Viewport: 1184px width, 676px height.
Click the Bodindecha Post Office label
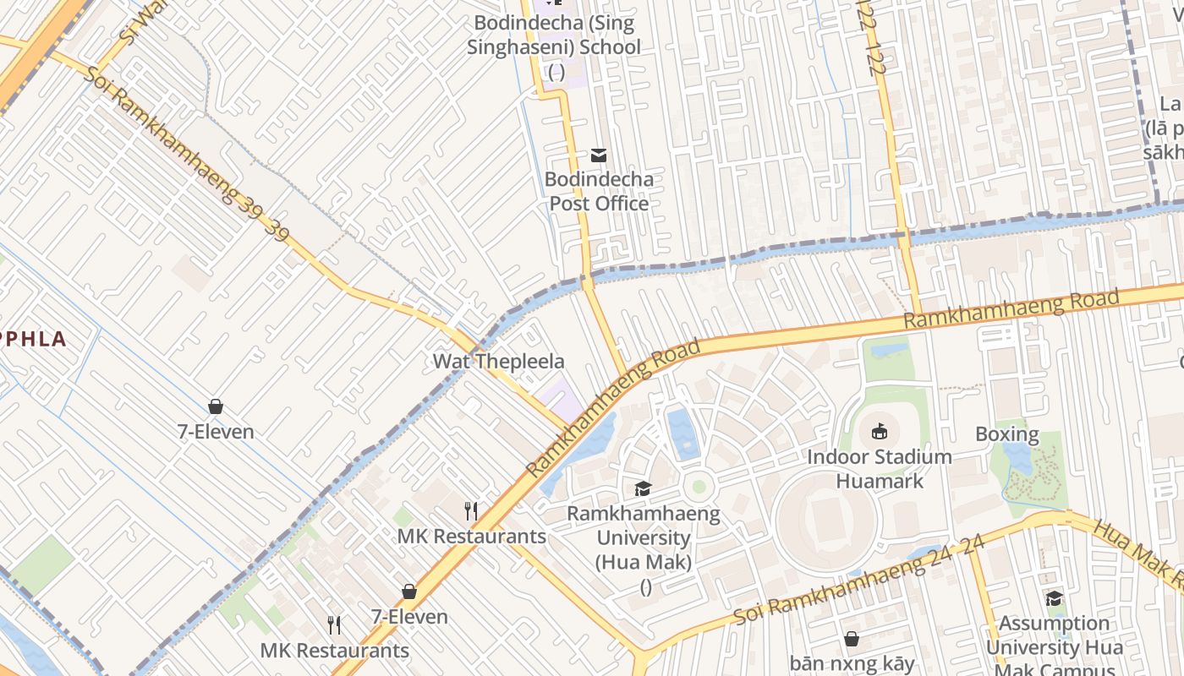tap(599, 191)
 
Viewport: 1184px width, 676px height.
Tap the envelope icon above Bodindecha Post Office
tap(599, 155)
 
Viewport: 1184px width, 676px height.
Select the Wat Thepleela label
tap(498, 362)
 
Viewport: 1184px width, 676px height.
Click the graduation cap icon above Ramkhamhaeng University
tap(644, 488)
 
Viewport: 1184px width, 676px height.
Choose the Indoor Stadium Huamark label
tap(879, 469)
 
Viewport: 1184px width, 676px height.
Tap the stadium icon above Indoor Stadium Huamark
tap(879, 432)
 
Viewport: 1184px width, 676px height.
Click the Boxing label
tap(1006, 434)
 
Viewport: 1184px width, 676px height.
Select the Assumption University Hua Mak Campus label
tap(1054, 647)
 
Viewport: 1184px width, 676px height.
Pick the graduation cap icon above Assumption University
tap(1054, 599)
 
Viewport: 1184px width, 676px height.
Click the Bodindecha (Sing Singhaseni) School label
tap(555, 35)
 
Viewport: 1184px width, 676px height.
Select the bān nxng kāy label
tap(852, 663)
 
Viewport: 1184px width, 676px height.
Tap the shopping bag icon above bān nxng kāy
tap(852, 639)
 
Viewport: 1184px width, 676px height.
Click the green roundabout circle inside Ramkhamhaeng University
tap(699, 487)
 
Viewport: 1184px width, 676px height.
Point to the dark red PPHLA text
tap(34, 339)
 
